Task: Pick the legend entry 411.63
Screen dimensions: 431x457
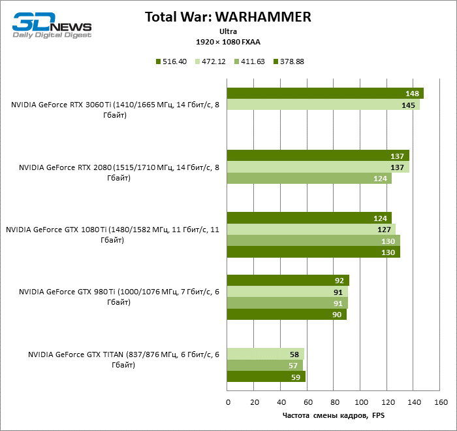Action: click(x=249, y=61)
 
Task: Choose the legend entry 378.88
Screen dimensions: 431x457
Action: click(x=287, y=61)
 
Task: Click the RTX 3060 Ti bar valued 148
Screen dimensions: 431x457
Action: click(x=324, y=94)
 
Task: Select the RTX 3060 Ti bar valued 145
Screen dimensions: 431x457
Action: click(x=323, y=105)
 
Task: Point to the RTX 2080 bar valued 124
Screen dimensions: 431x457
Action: click(x=309, y=179)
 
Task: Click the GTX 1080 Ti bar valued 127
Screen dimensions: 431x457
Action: click(x=311, y=230)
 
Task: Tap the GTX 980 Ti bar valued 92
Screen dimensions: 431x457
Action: click(x=287, y=281)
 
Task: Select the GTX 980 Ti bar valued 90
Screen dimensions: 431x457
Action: click(x=286, y=315)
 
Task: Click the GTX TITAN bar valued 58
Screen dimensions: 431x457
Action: click(x=265, y=354)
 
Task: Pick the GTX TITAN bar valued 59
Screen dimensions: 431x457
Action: click(x=266, y=377)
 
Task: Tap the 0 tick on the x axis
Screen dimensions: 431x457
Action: click(x=227, y=401)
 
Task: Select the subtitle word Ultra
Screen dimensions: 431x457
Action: click(x=228, y=31)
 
